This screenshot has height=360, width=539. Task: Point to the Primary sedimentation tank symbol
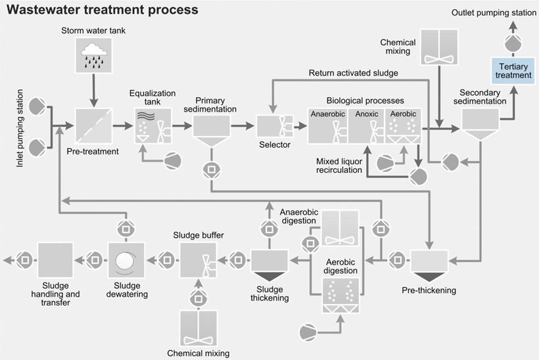pyautogui.click(x=210, y=129)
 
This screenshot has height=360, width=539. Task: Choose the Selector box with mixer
pyautogui.click(x=274, y=125)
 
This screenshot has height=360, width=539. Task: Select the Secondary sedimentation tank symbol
pyautogui.click(x=479, y=124)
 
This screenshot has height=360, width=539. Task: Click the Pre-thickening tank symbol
pyautogui.click(x=429, y=263)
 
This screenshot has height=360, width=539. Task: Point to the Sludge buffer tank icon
pyautogui.click(x=199, y=259)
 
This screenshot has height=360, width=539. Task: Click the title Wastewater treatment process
pyautogui.click(x=102, y=11)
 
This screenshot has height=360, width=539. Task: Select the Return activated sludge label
pyautogui.click(x=353, y=72)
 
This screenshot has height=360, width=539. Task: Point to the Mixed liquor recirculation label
pyautogui.click(x=339, y=165)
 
